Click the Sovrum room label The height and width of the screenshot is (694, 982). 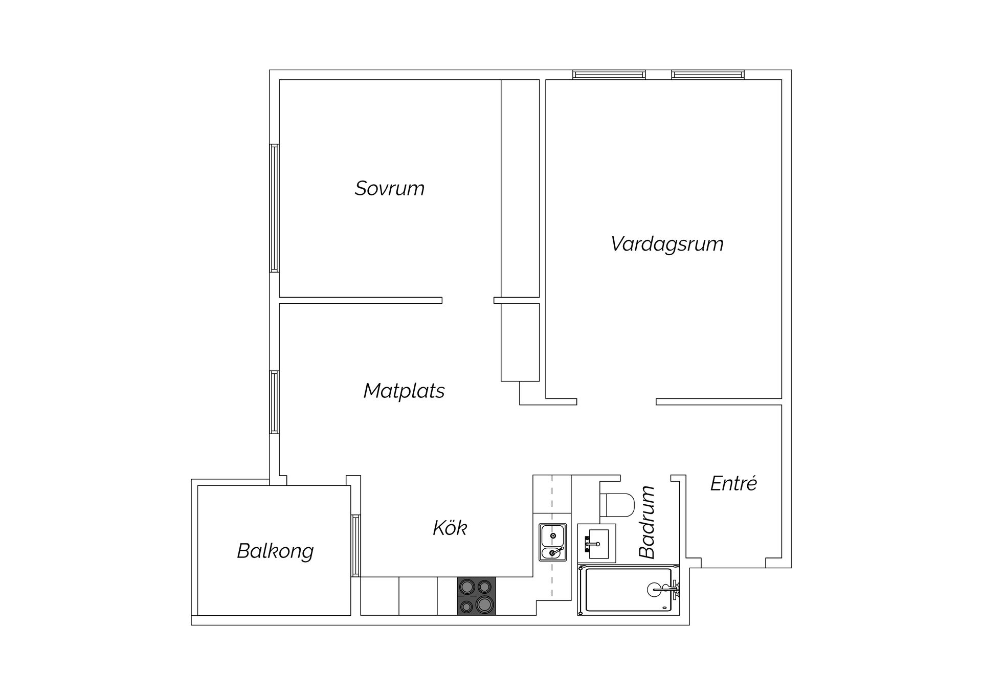point(390,188)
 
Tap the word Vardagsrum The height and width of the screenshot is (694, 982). point(667,244)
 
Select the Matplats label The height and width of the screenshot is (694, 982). point(404,391)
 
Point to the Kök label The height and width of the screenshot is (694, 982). point(450,528)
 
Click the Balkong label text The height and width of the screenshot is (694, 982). point(275,551)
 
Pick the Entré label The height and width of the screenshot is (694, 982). point(733,483)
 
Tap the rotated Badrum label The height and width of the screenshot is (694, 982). point(647,522)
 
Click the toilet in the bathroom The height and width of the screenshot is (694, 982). point(617,505)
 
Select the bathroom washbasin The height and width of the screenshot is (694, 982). point(596,543)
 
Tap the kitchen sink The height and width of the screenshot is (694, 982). point(552,542)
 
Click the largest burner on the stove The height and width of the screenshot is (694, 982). point(483,605)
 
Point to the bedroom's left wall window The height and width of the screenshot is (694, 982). point(275,208)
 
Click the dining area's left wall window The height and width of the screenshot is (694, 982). point(275,402)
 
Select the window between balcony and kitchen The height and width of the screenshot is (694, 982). point(355,546)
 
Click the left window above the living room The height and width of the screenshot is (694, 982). point(609,75)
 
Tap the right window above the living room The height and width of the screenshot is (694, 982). point(708,75)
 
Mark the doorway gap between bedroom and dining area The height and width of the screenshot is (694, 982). point(468,300)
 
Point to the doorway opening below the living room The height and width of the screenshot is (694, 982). point(616,401)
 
